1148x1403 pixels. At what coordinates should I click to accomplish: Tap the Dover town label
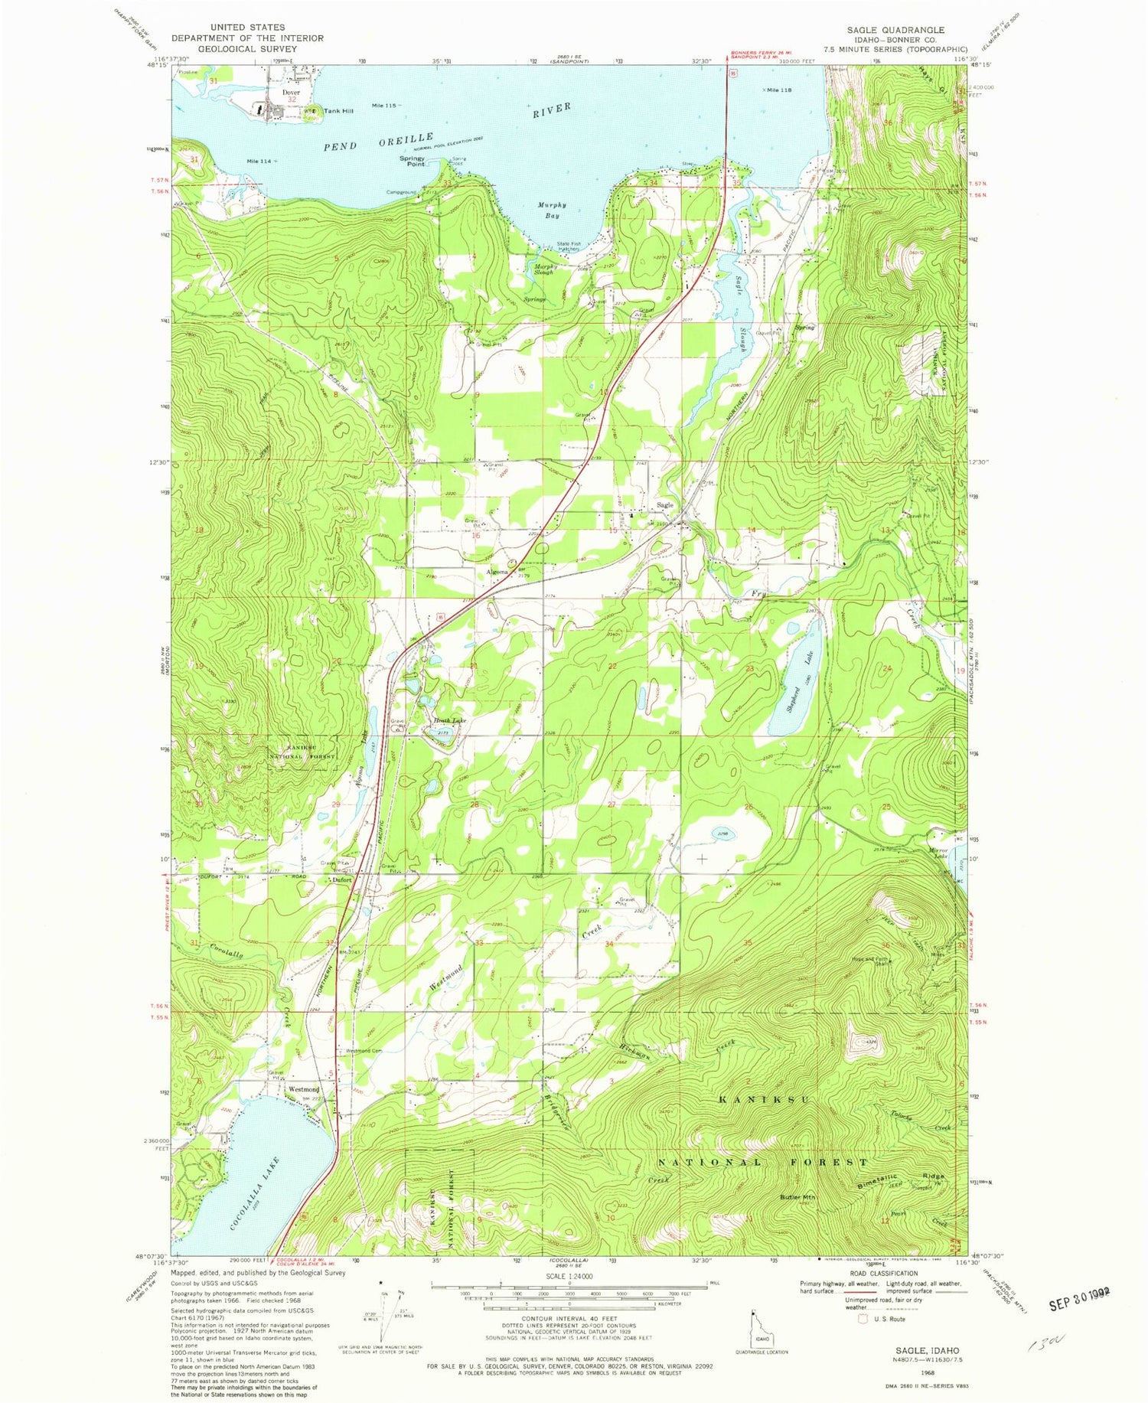tap(291, 93)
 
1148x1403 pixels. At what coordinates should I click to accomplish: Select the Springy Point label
tap(412, 162)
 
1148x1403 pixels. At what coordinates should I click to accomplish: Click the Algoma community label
tap(497, 572)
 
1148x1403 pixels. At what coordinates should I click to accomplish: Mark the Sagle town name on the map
tap(664, 505)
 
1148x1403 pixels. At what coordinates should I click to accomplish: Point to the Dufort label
tap(341, 880)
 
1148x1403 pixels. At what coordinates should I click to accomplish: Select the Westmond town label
tap(304, 1089)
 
